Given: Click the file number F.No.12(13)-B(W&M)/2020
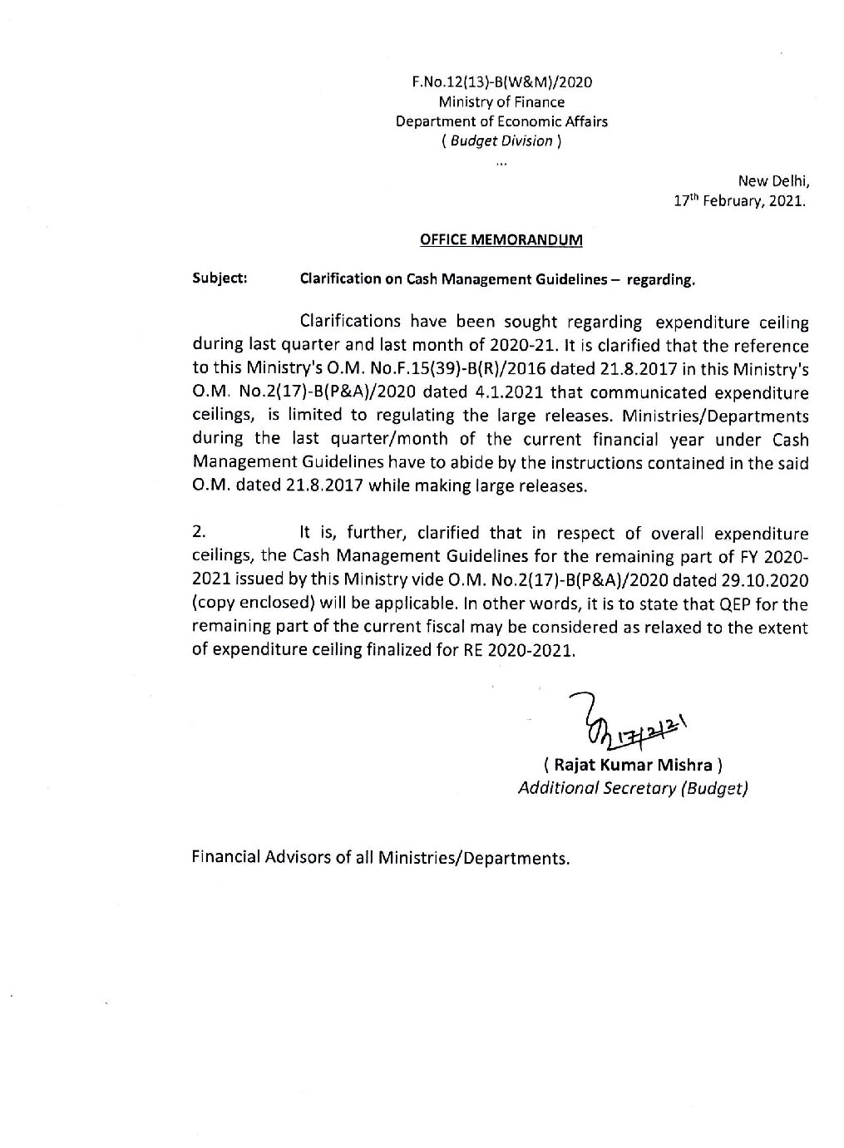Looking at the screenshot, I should point(501,81).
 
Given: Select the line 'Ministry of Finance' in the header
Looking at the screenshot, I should point(501,101).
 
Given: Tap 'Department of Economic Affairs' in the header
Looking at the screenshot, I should point(501,121).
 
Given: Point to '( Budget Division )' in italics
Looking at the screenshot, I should point(501,141).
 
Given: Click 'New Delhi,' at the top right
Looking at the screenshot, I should point(773,181).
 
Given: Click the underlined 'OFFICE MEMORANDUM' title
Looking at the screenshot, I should point(501,240).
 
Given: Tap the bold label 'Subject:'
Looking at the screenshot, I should point(220,278).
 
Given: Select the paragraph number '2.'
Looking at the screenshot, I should point(199,533).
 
